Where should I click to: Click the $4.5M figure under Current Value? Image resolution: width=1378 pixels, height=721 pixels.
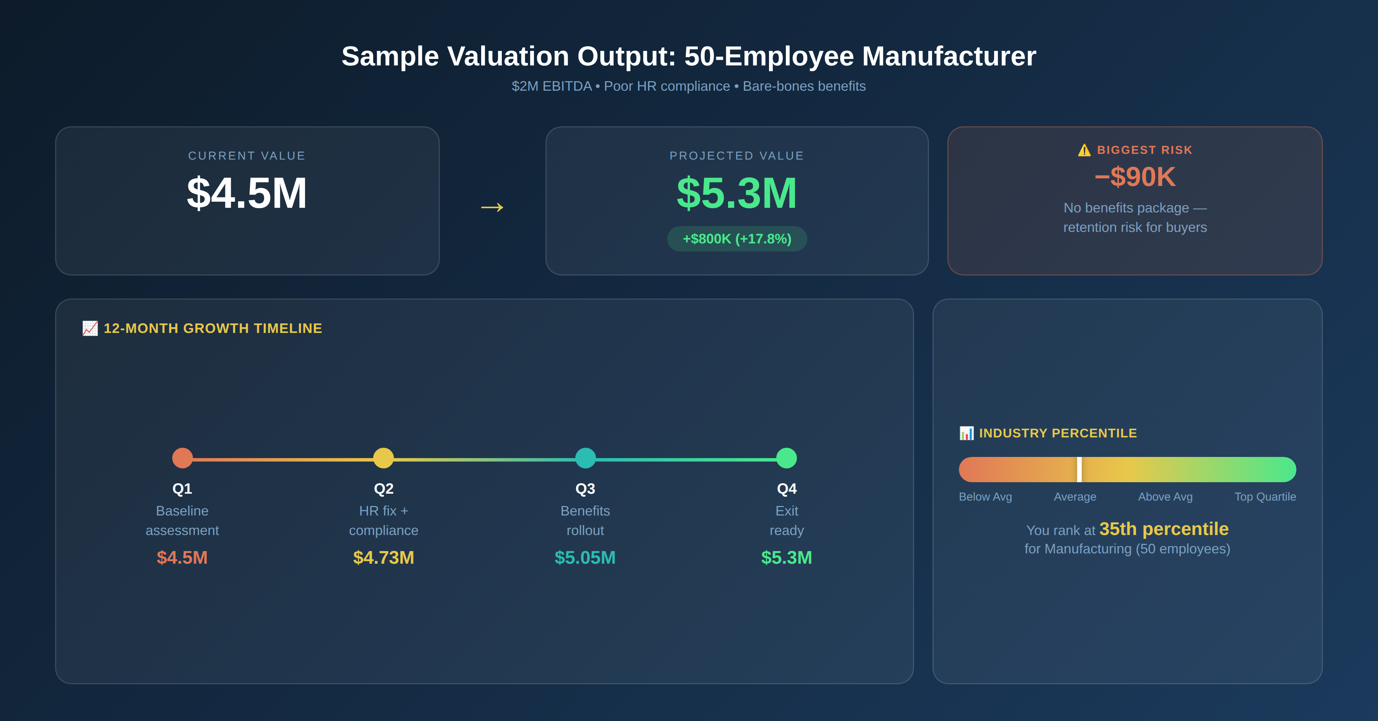[247, 193]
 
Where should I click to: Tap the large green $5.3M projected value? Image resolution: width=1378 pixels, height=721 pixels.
[736, 193]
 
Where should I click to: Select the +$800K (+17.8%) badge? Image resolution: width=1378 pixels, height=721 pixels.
[736, 238]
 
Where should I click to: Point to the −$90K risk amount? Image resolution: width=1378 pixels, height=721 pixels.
[1135, 177]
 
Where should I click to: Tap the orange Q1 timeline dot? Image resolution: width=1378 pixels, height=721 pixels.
[183, 458]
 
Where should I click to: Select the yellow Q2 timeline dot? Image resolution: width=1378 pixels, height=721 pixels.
[384, 458]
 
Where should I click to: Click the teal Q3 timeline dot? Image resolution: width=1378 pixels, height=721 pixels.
[585, 458]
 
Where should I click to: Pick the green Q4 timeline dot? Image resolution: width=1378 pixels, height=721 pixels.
[786, 458]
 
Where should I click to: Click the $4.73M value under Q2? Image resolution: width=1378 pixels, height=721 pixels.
[384, 557]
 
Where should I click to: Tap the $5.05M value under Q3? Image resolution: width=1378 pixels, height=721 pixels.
[585, 557]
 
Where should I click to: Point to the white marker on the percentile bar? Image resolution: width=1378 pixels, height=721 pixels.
[1079, 469]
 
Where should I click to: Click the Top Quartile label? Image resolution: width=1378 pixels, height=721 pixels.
[1265, 497]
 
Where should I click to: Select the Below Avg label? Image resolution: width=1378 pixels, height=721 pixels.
[985, 497]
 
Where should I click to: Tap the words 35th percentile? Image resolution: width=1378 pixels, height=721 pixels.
[1164, 529]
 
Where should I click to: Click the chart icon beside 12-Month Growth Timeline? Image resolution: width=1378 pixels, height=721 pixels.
[90, 328]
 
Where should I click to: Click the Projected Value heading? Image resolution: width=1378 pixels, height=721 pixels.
[736, 156]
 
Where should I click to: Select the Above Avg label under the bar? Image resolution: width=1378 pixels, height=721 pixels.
[1165, 497]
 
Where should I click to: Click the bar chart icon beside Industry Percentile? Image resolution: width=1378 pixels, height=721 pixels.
[967, 433]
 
